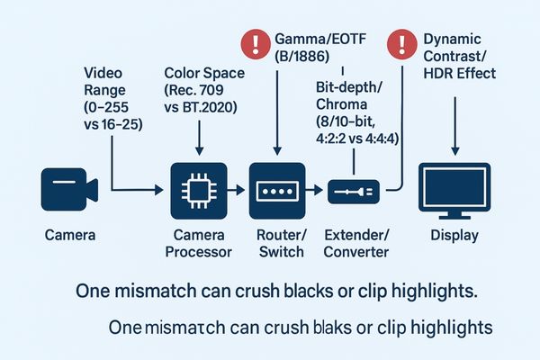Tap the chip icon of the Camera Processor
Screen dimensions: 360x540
(195, 191)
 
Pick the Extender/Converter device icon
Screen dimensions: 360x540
(355, 190)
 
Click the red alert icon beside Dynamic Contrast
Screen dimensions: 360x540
(397, 41)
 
